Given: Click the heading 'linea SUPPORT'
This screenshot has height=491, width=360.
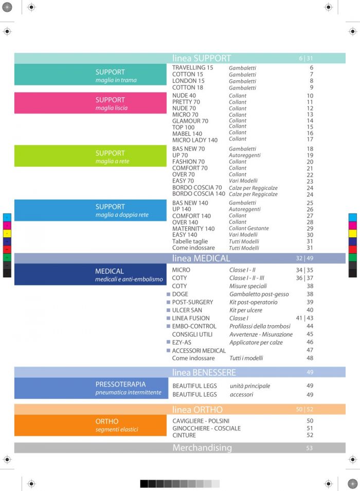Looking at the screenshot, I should coord(202,58).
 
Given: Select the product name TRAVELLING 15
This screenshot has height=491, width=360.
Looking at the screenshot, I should coord(192,68).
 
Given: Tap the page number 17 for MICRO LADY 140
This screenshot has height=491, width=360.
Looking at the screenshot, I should coord(310,139).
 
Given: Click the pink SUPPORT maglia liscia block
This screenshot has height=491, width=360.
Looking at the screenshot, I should coord(91,103).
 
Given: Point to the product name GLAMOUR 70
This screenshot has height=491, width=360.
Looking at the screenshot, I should coord(190,121).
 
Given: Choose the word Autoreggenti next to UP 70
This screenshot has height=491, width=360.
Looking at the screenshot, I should coord(244,155).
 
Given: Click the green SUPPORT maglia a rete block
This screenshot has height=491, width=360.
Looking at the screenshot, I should coord(91,156).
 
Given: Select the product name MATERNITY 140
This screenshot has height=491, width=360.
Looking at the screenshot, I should coord(193,229).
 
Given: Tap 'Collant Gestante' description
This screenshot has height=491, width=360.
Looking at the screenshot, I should coord(249,229).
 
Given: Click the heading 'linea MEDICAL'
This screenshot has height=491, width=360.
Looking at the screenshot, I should coord(201,258).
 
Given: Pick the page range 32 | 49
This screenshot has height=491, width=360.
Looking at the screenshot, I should coord(304,258).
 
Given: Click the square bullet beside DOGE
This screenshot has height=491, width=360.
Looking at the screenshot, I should coord(168,294).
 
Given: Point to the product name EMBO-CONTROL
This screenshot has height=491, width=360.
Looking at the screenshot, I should coord(194,326).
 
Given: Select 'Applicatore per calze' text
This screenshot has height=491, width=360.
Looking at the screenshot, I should coord(256,342).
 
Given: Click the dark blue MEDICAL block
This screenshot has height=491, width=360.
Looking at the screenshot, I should coord(91,274).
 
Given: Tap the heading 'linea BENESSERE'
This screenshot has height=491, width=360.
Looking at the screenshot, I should coord(204,372).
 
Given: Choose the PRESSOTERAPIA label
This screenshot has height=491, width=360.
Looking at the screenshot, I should coord(120,384).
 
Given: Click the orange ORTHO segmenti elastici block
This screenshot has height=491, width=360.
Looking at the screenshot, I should coord(91,425).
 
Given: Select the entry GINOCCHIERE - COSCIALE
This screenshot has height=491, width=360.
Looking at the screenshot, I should coord(206,428).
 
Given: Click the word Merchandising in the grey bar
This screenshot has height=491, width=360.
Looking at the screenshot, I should coord(202,448).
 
